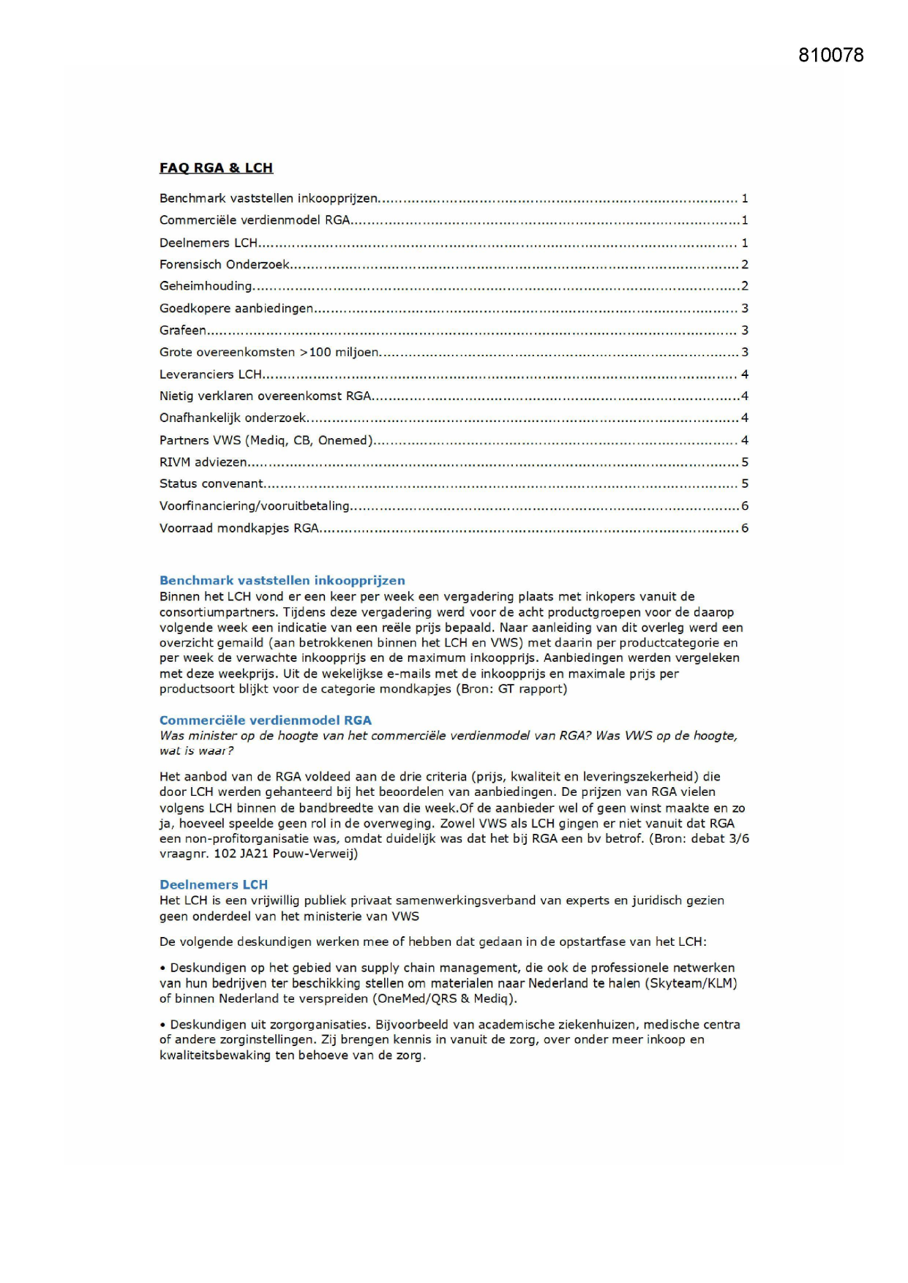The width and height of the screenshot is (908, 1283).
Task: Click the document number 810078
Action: point(830,56)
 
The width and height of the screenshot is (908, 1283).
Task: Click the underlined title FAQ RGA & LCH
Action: point(216,168)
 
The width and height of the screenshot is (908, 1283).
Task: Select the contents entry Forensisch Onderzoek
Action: point(225,264)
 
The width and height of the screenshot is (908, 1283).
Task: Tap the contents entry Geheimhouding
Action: point(206,286)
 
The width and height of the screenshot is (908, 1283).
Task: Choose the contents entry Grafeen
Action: point(183,330)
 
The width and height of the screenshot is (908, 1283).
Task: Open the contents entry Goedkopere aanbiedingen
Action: point(236,308)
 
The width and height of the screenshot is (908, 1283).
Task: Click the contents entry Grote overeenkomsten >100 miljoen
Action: point(269,352)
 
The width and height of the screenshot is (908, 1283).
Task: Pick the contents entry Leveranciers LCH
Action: point(211,374)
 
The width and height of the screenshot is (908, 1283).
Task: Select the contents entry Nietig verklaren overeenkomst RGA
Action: point(266,396)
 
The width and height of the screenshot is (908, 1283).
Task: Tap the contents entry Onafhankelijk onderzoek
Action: point(233,418)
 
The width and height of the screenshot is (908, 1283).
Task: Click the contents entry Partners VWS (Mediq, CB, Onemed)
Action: point(266,440)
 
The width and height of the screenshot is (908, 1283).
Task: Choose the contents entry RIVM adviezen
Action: point(203,462)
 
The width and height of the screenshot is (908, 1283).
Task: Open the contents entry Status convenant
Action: point(211,484)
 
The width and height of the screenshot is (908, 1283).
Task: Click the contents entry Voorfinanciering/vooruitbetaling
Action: point(255,505)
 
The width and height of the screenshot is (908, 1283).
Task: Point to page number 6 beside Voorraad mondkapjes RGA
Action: point(745,527)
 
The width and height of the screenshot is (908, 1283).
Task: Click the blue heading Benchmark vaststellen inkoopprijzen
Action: point(282,580)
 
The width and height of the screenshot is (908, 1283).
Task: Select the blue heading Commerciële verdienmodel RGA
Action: point(266,720)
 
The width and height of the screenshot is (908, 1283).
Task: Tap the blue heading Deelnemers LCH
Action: point(214,884)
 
